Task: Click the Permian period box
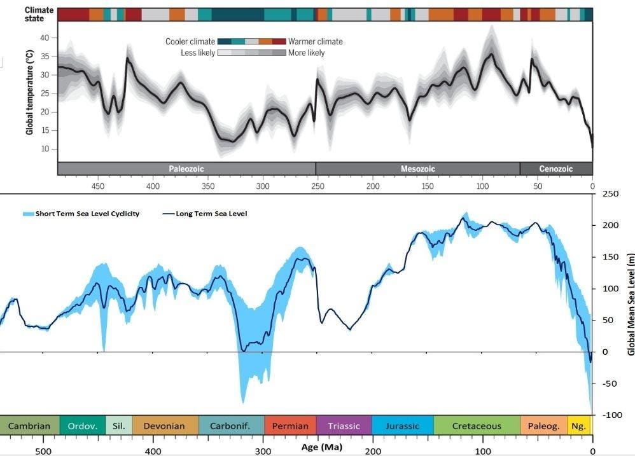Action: [290, 425]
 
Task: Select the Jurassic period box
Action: [403, 425]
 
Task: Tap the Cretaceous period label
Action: [477, 425]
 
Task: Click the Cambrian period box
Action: [29, 425]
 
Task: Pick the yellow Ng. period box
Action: [579, 425]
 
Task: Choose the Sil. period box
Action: [118, 425]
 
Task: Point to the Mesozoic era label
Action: [417, 169]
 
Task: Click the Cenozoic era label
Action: [555, 169]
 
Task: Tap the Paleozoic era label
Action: [186, 169]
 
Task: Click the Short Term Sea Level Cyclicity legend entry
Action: [87, 214]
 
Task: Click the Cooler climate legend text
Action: [190, 41]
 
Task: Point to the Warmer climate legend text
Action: [316, 41]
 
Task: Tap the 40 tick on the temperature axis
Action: [45, 38]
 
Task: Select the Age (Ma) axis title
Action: [321, 446]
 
